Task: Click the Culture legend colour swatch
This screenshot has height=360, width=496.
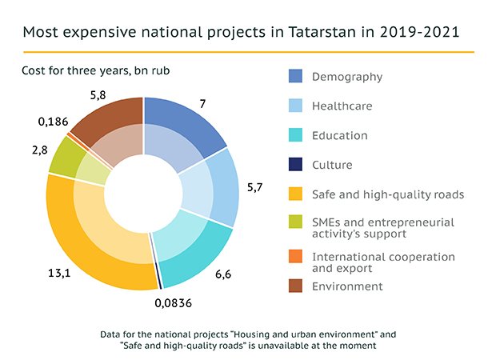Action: [x=295, y=165]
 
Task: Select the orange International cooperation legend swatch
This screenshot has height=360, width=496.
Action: [x=295, y=257]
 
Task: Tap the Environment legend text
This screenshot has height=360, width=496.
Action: [x=347, y=286]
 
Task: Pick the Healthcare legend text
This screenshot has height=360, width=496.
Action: [x=342, y=106]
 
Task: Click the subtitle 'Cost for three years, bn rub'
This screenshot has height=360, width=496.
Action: [x=96, y=70]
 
